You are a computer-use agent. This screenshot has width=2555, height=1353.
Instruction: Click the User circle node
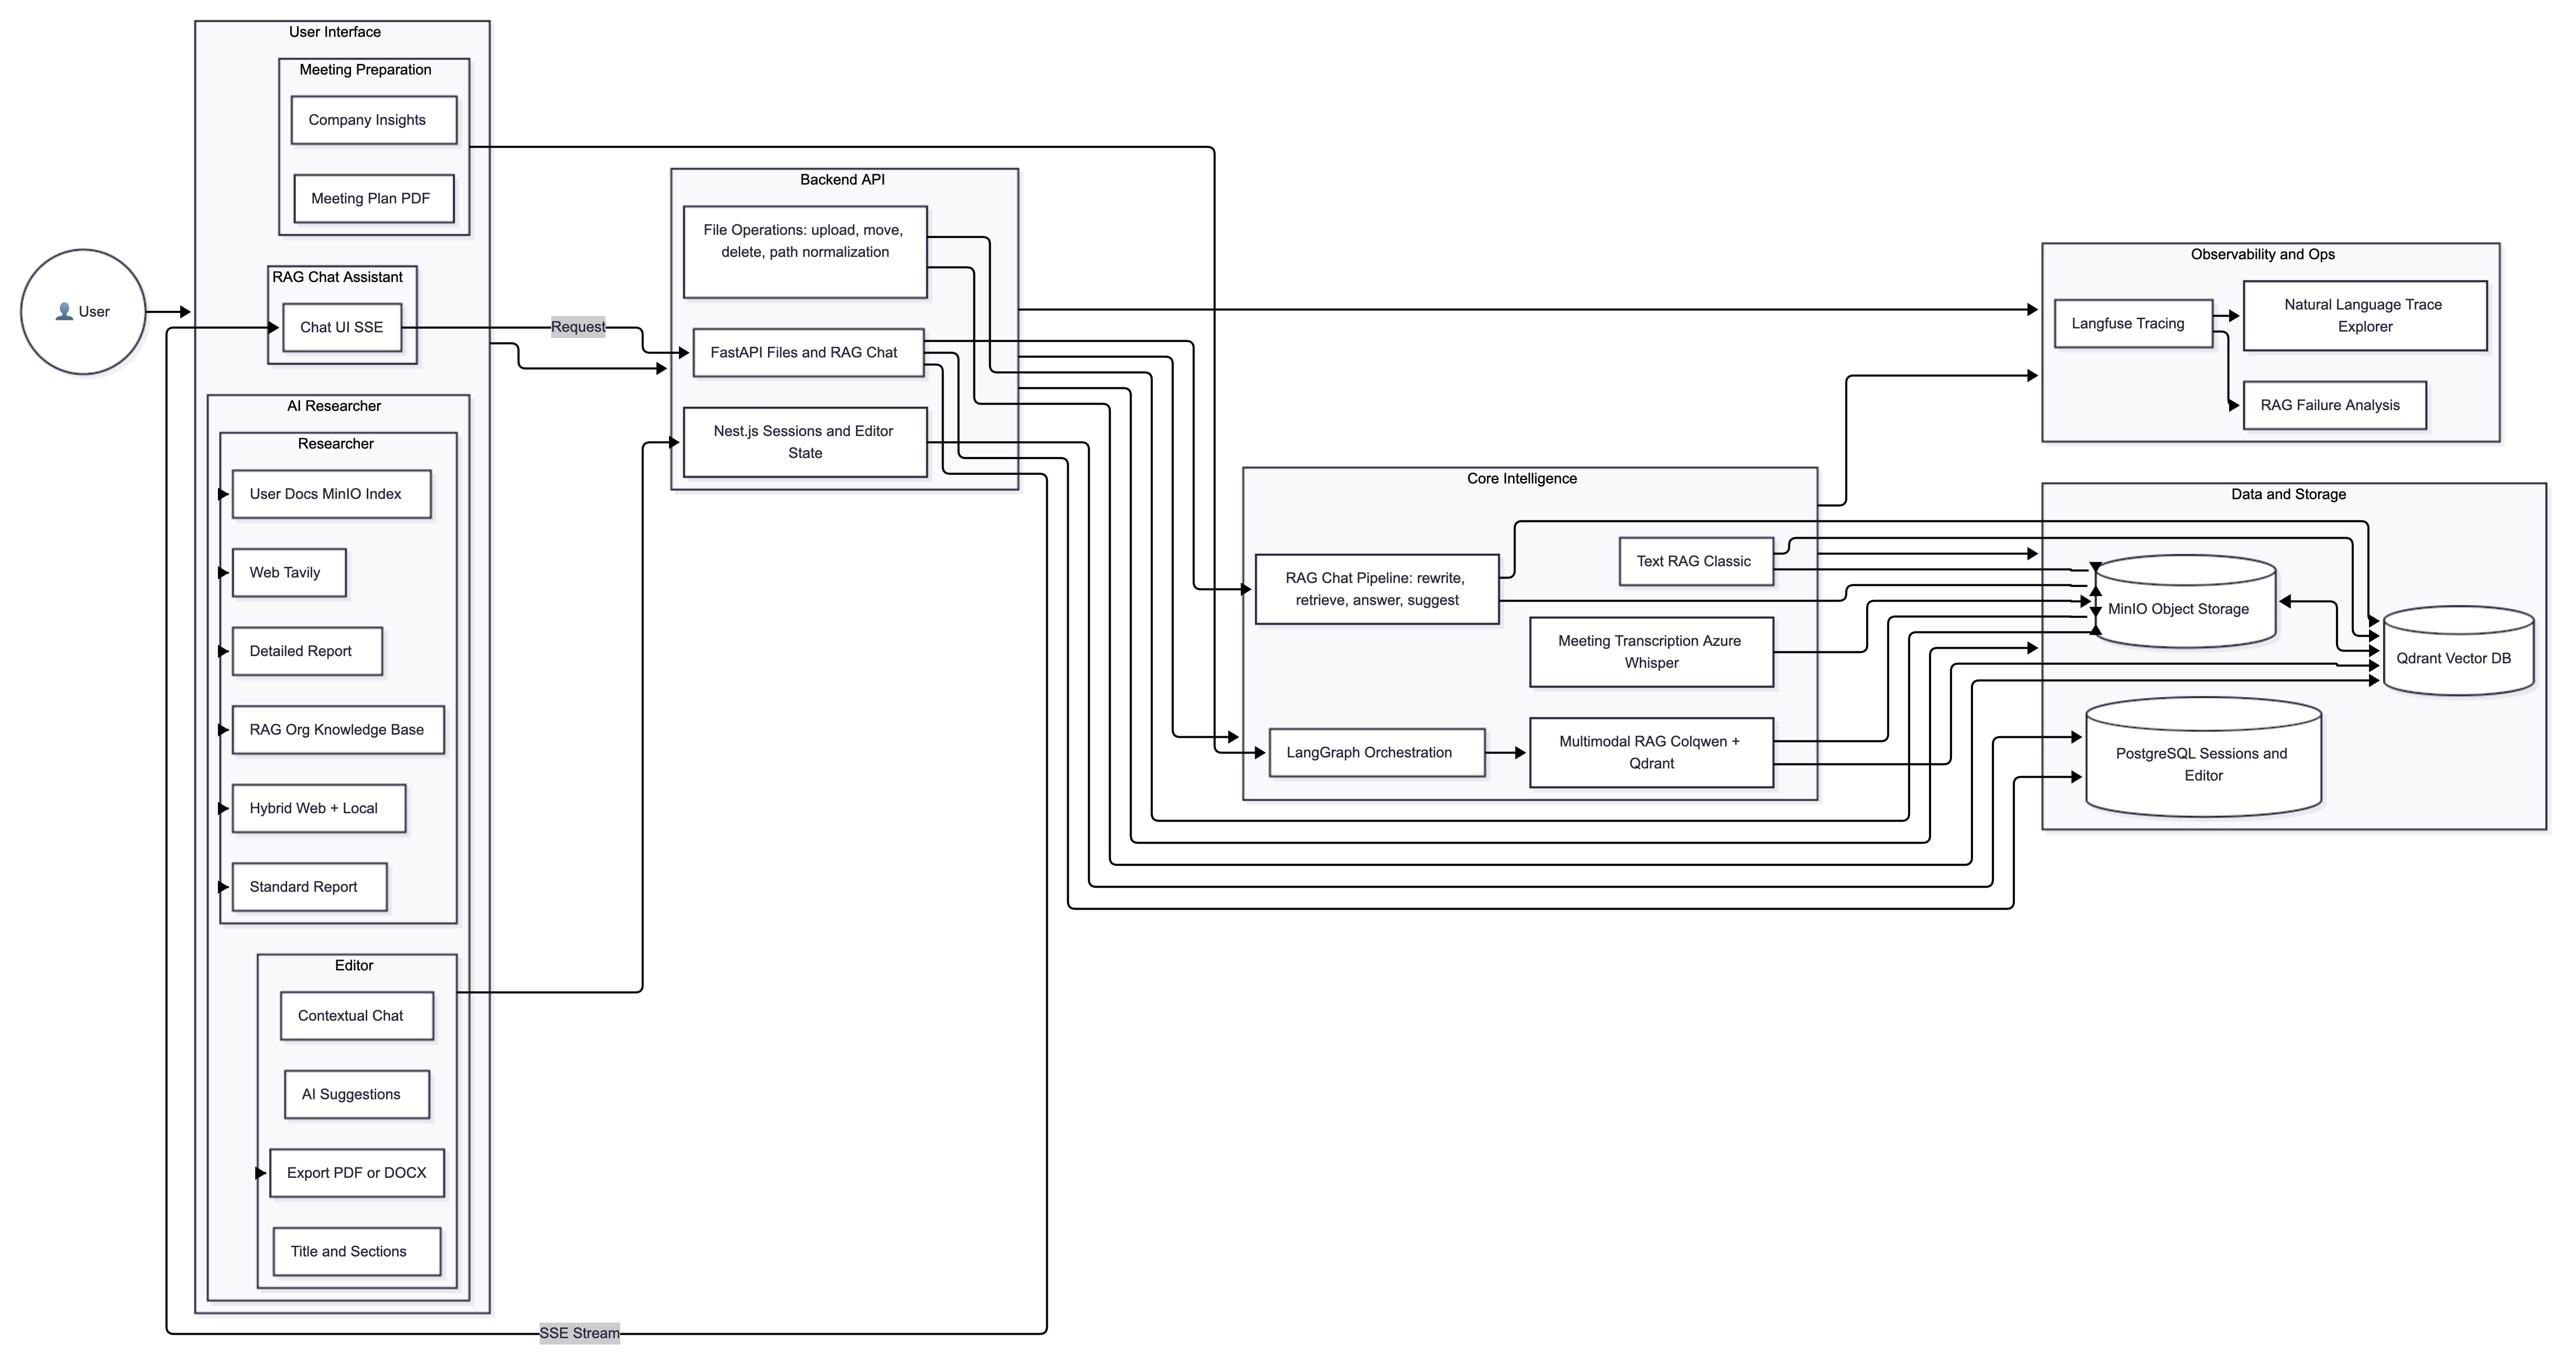[x=83, y=311]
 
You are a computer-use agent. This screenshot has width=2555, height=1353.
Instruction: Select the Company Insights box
[x=374, y=120]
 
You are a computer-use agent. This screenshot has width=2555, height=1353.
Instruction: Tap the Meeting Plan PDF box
[x=374, y=199]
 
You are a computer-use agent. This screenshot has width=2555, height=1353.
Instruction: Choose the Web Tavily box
[x=289, y=572]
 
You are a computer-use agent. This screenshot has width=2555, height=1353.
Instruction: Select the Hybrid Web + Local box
[x=319, y=809]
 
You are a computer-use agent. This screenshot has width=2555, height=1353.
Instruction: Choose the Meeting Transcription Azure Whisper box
[x=1650, y=652]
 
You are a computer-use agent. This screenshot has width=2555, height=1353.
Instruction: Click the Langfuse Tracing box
[x=2132, y=323]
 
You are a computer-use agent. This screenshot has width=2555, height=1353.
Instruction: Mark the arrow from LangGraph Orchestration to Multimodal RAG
[x=1506, y=753]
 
